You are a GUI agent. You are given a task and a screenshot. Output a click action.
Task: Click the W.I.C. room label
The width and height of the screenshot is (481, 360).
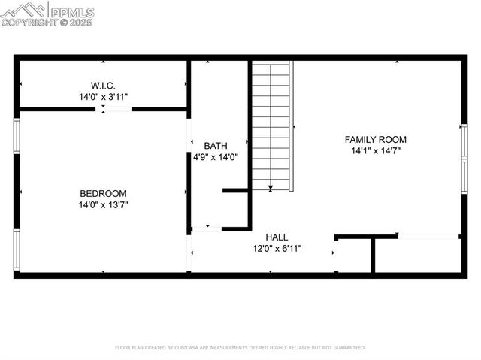(103, 85)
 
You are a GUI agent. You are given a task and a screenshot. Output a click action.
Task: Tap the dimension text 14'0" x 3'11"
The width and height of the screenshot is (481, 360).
(103, 97)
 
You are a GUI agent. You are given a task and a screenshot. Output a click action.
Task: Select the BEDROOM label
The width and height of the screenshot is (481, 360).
(103, 193)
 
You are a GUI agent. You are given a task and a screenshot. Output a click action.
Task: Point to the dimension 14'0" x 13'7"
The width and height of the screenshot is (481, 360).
(103, 205)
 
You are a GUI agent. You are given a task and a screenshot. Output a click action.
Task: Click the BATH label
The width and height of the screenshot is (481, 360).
(216, 146)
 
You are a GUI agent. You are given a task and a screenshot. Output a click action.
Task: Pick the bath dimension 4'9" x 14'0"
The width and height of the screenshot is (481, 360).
(216, 158)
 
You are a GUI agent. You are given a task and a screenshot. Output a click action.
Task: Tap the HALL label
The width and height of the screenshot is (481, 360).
(277, 237)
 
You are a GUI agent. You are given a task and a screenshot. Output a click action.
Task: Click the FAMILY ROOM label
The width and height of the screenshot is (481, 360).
(375, 139)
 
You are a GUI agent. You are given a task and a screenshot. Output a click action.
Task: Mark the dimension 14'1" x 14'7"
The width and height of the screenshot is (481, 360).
(375, 151)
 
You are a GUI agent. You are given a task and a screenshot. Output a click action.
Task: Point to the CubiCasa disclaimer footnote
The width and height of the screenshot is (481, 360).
(240, 348)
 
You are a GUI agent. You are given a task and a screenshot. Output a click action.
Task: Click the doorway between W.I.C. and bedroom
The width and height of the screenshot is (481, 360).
(115, 110)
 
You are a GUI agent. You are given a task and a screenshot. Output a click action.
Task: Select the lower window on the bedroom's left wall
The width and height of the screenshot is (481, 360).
(17, 249)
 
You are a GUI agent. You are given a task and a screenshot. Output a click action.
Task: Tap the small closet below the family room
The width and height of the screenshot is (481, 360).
(353, 257)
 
